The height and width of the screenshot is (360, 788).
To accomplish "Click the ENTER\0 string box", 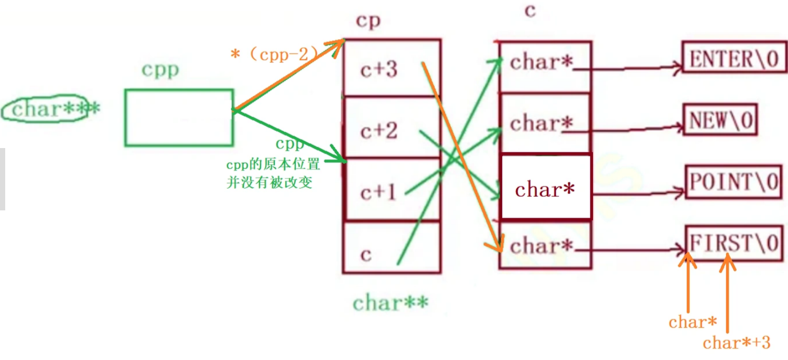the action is click(734, 60).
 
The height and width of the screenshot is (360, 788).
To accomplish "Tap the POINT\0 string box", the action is click(733, 182).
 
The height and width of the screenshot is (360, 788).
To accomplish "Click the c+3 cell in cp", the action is click(391, 69).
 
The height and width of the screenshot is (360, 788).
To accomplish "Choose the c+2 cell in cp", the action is click(391, 129).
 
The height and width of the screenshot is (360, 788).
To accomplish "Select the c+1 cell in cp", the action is click(391, 191).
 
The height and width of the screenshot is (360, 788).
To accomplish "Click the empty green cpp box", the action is click(179, 117).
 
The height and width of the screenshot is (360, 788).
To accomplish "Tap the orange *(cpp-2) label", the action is click(274, 54).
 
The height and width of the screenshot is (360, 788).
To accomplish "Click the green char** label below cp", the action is click(390, 303).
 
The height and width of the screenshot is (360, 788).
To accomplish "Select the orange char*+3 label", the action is click(736, 343).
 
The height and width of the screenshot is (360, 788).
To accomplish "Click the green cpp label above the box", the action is click(161, 70).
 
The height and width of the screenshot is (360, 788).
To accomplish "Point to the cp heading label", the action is click(369, 21).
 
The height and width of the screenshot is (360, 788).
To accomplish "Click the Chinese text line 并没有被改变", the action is click(269, 183).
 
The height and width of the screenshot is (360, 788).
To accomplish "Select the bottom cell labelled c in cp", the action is click(391, 253).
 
